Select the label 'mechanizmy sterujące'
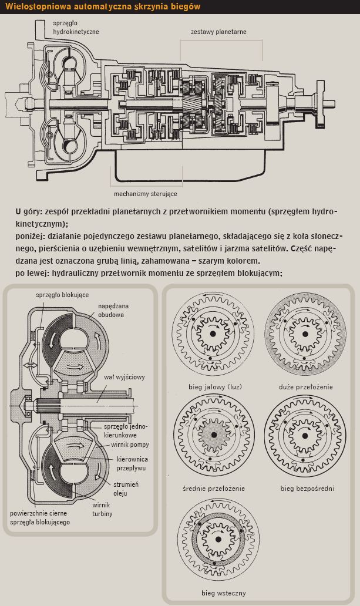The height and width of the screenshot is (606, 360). click(145, 193)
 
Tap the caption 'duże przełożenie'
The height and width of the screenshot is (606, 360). click(300, 387)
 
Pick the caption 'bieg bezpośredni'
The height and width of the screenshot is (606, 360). click(300, 488)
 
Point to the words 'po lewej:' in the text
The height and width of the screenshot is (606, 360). click(32, 273)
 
